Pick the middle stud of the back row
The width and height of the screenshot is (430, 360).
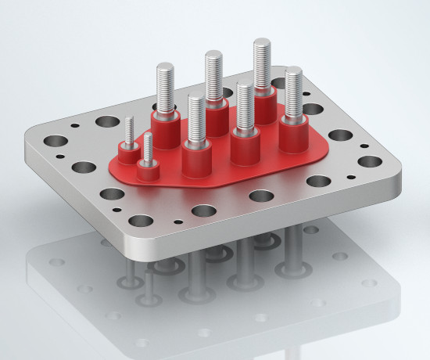(214, 78)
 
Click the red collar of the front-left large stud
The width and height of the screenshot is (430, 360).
(196, 156)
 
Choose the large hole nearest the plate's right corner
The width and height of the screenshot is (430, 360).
(371, 161)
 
